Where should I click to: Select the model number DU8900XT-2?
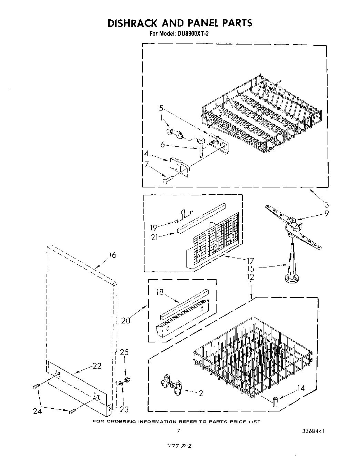tap(189, 34)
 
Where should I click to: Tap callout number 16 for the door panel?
tap(112, 255)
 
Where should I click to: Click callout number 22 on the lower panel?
tap(97, 366)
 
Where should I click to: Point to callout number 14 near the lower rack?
tap(301, 388)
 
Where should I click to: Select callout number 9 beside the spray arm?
tap(326, 213)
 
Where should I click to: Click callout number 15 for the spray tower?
tap(250, 269)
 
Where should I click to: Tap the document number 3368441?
tap(312, 431)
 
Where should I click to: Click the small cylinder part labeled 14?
tap(275, 401)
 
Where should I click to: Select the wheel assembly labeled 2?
tap(172, 384)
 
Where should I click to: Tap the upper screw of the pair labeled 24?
tap(36, 387)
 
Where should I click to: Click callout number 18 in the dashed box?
tap(159, 292)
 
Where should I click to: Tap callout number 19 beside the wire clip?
tap(153, 227)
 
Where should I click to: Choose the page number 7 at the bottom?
tap(178, 431)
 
